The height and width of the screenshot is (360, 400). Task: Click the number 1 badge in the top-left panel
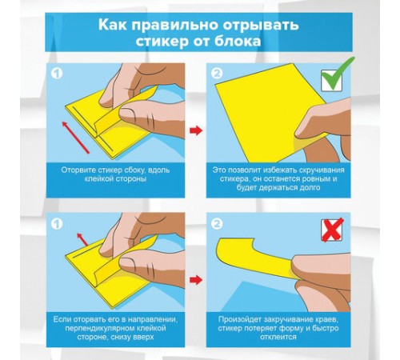coord(56,74)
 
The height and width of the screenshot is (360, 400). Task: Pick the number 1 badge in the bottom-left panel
coord(56,222)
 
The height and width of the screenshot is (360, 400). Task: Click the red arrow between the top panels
coord(195,128)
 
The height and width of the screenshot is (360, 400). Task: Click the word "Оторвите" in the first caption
coord(82,170)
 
